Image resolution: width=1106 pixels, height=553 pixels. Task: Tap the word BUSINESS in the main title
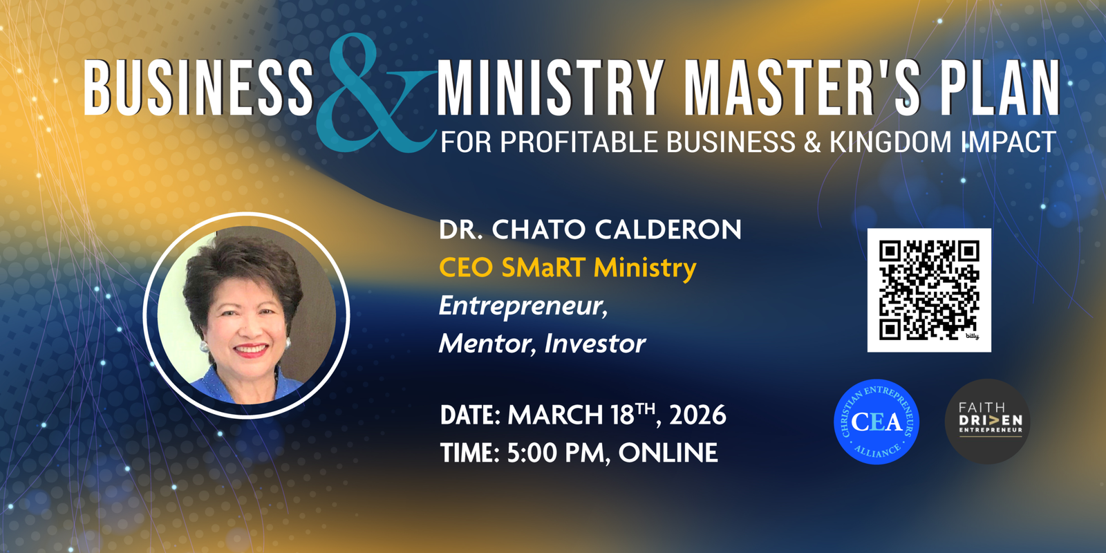pos(198,88)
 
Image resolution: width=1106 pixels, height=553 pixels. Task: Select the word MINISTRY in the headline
pos(551,88)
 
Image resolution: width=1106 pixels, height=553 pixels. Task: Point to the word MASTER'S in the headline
pos(803,88)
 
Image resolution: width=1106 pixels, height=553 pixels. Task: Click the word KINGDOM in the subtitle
pos(890,142)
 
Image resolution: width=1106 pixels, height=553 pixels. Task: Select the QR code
pos(929,290)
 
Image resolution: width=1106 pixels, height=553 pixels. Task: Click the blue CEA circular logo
pos(877,422)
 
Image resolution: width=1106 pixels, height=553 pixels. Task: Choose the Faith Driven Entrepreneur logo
pos(988,421)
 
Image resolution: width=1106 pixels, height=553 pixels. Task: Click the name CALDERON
pos(668,229)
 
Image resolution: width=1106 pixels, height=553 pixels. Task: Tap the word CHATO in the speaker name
pos(535,229)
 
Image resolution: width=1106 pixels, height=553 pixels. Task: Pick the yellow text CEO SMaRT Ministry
pos(568,268)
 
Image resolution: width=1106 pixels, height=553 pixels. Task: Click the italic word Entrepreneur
pos(523,307)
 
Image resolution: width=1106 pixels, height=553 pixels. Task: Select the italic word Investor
pos(594,344)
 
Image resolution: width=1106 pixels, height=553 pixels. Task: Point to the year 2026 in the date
pos(697,415)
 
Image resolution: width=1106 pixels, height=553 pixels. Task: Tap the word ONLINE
pos(668,453)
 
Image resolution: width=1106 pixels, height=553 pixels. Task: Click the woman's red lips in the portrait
pos(250,350)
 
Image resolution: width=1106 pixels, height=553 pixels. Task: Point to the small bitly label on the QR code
pos(972,336)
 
